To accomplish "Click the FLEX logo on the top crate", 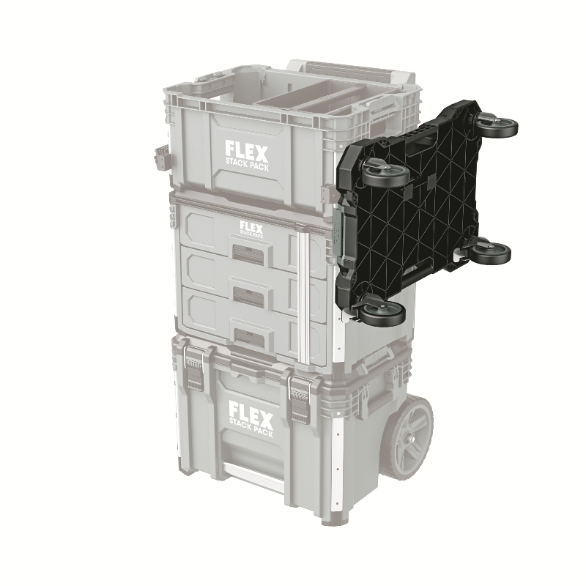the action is point(247,151).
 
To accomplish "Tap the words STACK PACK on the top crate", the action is point(247,165).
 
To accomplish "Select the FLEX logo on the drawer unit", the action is point(251,226).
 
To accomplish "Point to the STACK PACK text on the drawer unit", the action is point(251,234).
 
